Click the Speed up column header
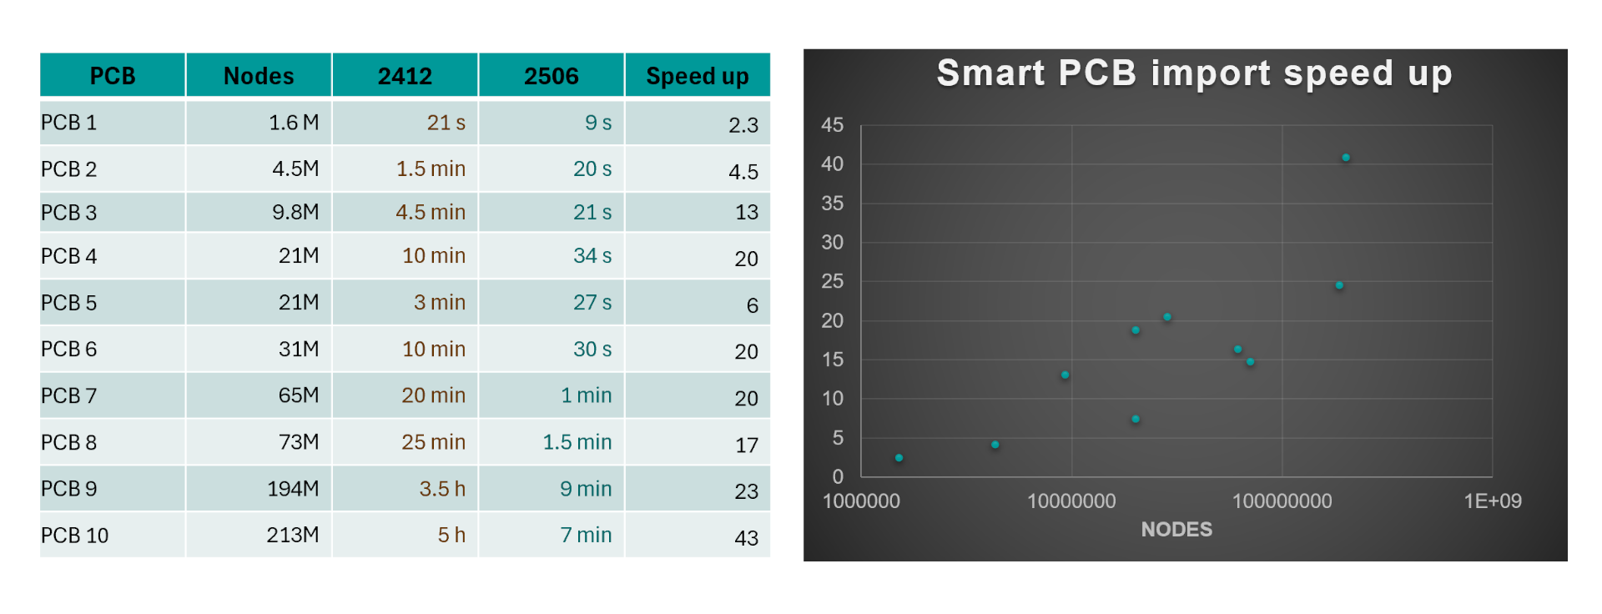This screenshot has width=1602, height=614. point(697,76)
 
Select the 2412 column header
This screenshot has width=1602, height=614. point(405,76)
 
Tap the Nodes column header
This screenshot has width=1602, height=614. point(259,76)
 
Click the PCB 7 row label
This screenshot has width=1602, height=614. point(69,395)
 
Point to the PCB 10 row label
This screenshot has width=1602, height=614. point(75,536)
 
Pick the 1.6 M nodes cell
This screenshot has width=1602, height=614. point(294,123)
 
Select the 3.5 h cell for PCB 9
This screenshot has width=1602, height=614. point(442,489)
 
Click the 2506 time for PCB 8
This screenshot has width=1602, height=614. point(577,442)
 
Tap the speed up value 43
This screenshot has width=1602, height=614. point(746,538)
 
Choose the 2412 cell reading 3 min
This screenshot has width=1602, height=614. point(440,302)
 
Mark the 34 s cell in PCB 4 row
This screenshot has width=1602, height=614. point(592,256)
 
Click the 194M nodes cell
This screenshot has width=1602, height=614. point(293,489)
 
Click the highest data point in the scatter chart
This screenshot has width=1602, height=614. point(1346,158)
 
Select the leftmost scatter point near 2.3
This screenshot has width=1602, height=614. point(899,458)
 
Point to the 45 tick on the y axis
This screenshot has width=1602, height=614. point(832,125)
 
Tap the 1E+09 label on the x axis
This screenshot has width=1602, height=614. point(1492,501)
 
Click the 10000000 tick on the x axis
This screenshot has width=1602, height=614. point(1071,501)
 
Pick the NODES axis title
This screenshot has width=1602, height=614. point(1176,530)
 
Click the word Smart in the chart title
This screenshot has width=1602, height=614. point(990,73)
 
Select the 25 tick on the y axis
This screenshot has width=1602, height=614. point(832,281)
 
